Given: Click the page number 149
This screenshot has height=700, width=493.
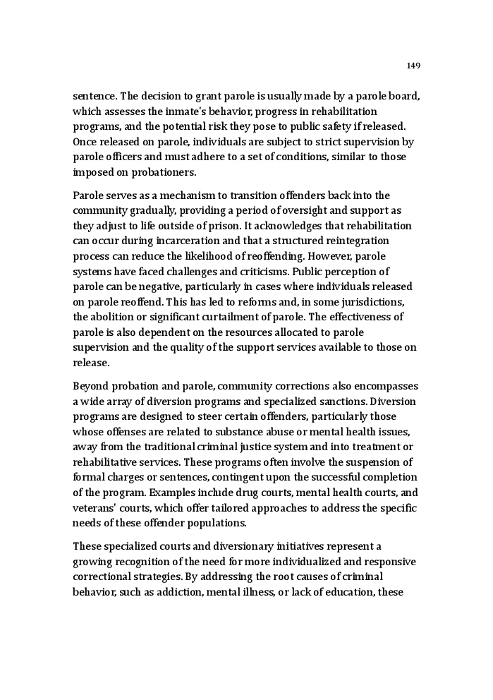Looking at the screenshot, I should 413,66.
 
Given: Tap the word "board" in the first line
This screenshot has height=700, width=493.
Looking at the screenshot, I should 404,97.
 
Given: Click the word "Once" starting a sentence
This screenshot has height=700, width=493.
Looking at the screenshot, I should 85,142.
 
